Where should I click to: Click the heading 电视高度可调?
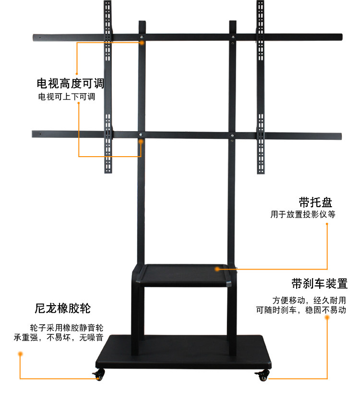[x=70, y=84]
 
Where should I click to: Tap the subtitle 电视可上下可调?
[x=67, y=97]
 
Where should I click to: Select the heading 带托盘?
[x=315, y=202]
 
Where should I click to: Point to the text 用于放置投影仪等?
[x=302, y=214]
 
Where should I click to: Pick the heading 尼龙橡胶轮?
[x=62, y=308]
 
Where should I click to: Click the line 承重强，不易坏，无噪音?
[x=59, y=337]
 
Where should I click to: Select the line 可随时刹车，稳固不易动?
[x=300, y=310]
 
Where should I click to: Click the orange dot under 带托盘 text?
[x=327, y=223]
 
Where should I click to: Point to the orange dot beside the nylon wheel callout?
[x=20, y=354]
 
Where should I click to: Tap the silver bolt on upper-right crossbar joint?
[x=233, y=37]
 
